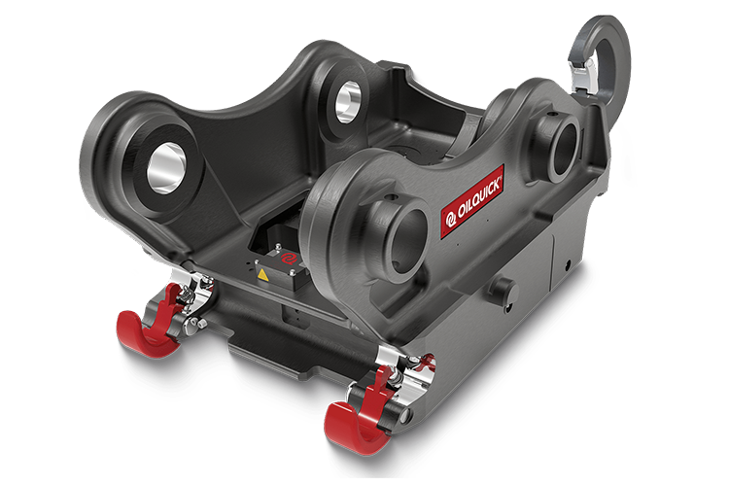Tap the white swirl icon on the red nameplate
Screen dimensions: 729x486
pyautogui.click(x=450, y=220)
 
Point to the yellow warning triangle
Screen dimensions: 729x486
pyautogui.click(x=263, y=275)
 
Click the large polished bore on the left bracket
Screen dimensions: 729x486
pyautogui.click(x=165, y=168)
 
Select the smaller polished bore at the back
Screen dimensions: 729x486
pyautogui.click(x=348, y=102)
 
